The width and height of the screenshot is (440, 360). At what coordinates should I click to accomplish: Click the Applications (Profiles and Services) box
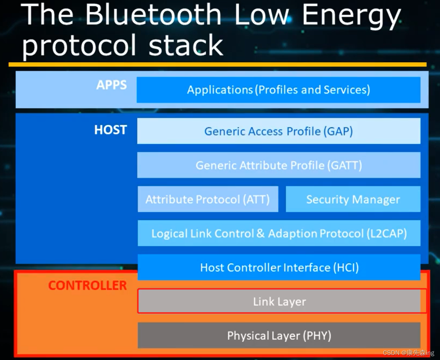pyautogui.click(x=278, y=90)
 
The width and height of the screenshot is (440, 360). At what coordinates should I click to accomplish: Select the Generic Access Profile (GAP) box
pyautogui.click(x=278, y=131)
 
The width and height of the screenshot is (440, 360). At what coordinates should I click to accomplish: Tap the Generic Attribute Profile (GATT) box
pyautogui.click(x=278, y=165)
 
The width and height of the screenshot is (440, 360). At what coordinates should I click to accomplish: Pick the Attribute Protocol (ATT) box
pyautogui.click(x=208, y=199)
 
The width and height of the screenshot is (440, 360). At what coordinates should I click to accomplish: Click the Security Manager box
pyautogui.click(x=353, y=199)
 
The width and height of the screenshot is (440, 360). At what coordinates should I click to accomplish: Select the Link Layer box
pyautogui.click(x=279, y=301)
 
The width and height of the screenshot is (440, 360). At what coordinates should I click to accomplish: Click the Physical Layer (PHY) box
pyautogui.click(x=279, y=335)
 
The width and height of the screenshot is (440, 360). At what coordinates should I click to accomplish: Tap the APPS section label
pyautogui.click(x=111, y=85)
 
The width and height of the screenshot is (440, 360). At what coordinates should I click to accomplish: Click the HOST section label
pyautogui.click(x=110, y=130)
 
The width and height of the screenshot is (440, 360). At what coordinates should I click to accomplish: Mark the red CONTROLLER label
pyautogui.click(x=88, y=285)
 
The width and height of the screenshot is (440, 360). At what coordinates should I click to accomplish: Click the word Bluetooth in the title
pyautogui.click(x=153, y=15)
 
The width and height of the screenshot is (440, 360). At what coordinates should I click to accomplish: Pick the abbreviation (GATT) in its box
pyautogui.click(x=345, y=165)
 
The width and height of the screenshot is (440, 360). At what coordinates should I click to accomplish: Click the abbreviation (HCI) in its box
pyautogui.click(x=346, y=267)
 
